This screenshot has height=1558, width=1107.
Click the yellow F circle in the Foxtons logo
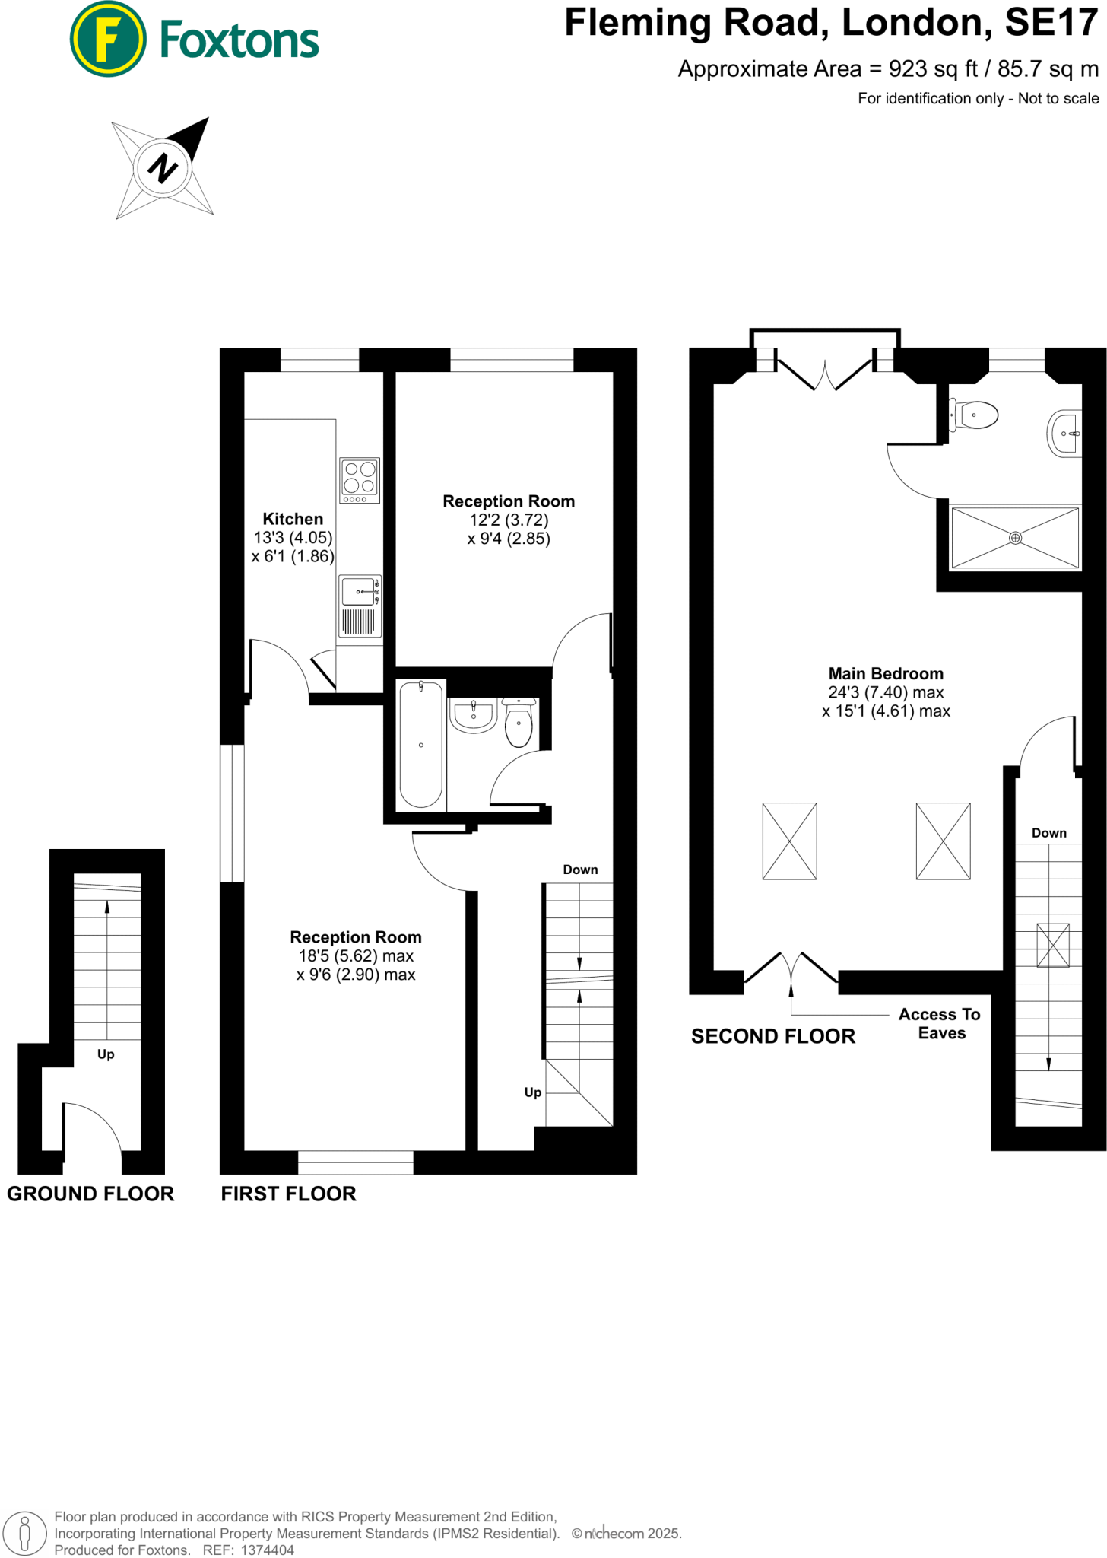pos(108,40)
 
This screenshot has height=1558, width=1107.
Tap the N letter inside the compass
pos(162,167)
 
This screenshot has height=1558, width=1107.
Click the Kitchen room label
pos(293,519)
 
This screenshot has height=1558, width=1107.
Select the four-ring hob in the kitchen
pos(360,479)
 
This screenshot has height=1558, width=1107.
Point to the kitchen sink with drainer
pos(360,606)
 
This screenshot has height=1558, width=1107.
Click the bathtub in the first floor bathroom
pos(420,744)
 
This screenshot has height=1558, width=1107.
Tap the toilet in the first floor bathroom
pos(519,723)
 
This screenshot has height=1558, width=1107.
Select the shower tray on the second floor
pos(1015,538)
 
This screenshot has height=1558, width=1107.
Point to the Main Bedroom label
pos(886,674)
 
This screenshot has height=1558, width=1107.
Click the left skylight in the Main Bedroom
pos(789,841)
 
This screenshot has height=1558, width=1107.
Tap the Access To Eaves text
pos(940,1023)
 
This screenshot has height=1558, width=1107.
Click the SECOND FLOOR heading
pos(772,1036)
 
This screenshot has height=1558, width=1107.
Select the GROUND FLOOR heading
pos(90,1194)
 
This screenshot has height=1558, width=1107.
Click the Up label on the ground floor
pos(106,1054)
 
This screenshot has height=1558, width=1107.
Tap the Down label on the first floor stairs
pos(580,870)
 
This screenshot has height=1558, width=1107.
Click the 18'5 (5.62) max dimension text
pos(356,956)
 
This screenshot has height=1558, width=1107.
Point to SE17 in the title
pos(1051,23)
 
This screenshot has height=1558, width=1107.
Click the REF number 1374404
pos(267,1550)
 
